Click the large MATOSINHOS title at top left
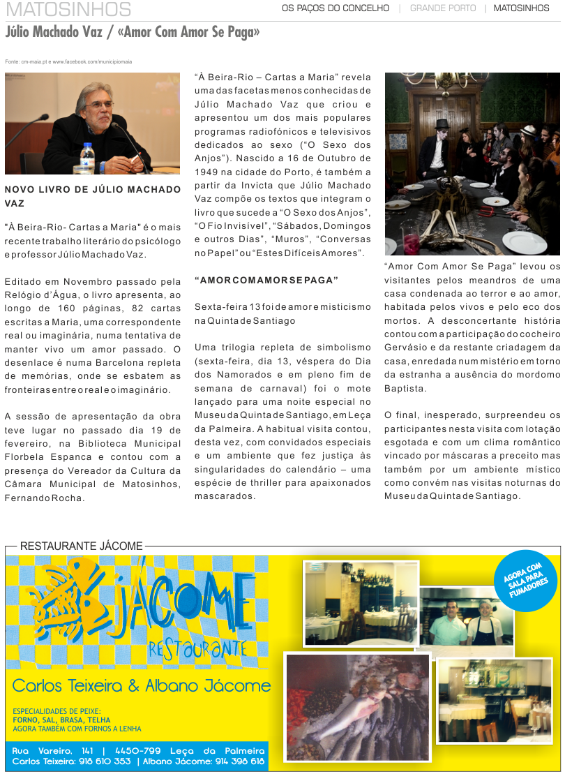tap(68, 9)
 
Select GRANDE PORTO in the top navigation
tap(442, 8)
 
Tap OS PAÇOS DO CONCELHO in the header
tap(335, 8)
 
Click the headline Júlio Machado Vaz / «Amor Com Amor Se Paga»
tap(133, 33)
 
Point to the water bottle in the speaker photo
tap(87, 157)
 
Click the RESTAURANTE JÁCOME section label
tap(81, 546)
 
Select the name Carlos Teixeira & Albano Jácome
tap(142, 686)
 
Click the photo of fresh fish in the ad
tap(357, 706)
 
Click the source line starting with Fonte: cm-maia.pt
tap(68, 61)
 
